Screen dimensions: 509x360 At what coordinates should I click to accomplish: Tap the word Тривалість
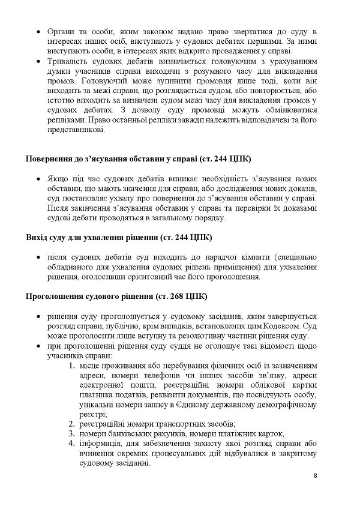click(68, 68)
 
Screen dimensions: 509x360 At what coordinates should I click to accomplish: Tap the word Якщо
click(57, 179)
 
